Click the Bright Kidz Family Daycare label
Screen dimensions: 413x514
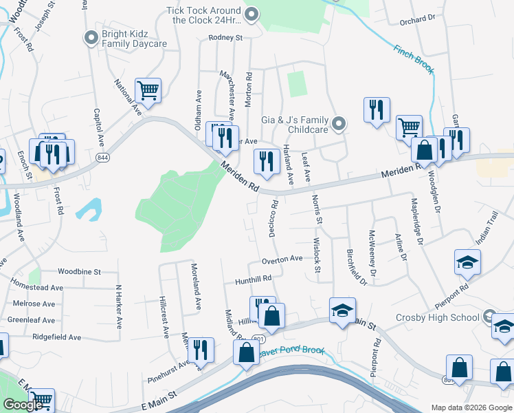[x=135, y=39]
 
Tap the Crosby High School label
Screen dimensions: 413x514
[x=437, y=317]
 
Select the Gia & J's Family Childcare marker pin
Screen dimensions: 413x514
[x=338, y=124]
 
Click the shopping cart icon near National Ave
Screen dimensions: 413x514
[x=148, y=90]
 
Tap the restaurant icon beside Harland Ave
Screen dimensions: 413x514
[x=266, y=161]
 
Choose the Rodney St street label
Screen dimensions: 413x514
[x=226, y=38]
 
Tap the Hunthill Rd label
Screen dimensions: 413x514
[x=254, y=278]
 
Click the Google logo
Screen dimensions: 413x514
[x=23, y=405]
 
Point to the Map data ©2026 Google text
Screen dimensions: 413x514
[x=471, y=407]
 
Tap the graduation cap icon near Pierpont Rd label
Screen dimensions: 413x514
[x=467, y=262]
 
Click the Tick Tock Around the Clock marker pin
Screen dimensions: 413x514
[x=252, y=12]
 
